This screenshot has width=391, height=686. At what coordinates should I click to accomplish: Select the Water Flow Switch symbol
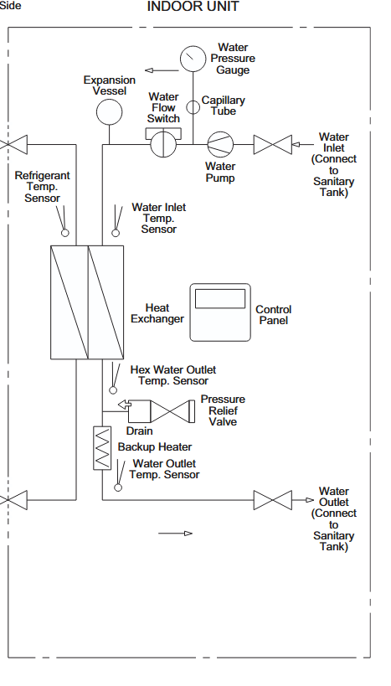(x=163, y=142)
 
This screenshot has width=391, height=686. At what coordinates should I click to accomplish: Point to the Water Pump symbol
(x=220, y=144)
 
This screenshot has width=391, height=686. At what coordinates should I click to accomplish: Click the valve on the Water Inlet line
(x=272, y=144)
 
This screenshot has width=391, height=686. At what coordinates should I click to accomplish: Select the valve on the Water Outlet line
(x=272, y=500)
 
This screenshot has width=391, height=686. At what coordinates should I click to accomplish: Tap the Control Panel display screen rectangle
(x=220, y=298)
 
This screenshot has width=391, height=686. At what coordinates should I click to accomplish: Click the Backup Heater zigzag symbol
(x=102, y=448)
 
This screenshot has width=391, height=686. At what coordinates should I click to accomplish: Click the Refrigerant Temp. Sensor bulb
(x=64, y=233)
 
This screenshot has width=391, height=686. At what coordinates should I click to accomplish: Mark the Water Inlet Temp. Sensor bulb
(x=116, y=233)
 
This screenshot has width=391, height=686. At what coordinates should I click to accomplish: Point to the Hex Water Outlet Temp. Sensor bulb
(x=113, y=389)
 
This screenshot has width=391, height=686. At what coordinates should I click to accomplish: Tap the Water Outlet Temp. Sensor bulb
(x=118, y=487)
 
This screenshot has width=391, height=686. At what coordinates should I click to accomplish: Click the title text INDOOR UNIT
(x=193, y=7)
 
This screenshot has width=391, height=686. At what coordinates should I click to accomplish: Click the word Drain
(x=140, y=431)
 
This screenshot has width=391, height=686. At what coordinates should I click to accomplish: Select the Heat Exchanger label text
(x=157, y=313)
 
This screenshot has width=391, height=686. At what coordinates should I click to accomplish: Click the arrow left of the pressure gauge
(x=162, y=70)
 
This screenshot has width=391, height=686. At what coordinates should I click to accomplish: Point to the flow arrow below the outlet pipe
(x=175, y=534)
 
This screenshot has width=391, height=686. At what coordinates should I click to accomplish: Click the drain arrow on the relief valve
(x=125, y=405)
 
